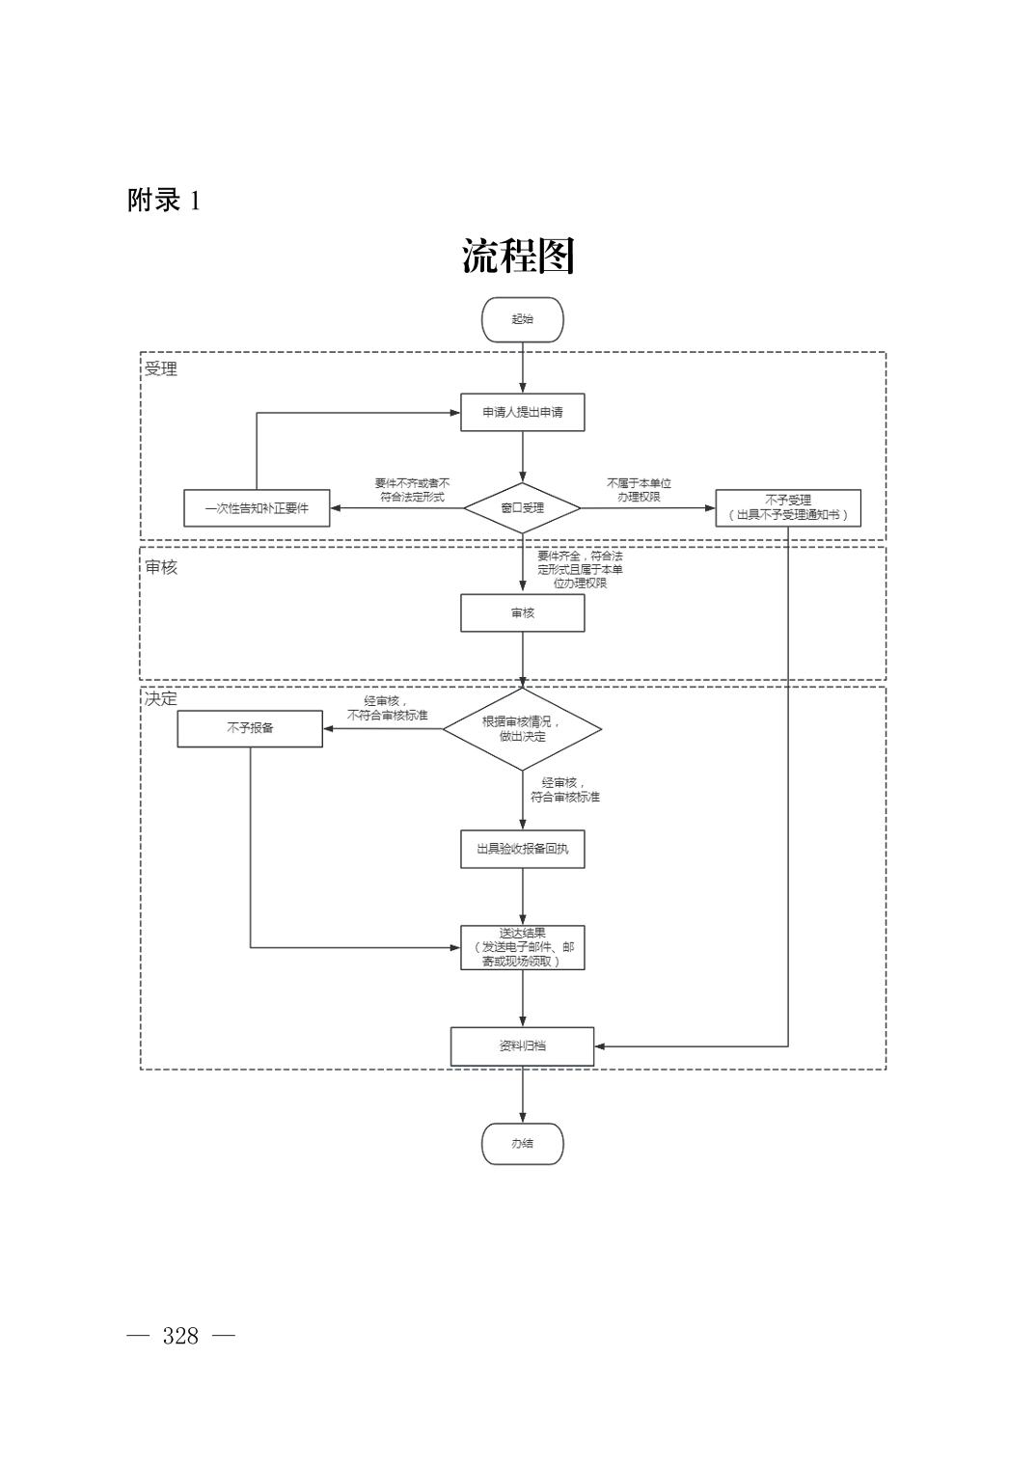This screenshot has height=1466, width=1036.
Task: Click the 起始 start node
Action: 522,319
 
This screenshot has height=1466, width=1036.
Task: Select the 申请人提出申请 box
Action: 522,412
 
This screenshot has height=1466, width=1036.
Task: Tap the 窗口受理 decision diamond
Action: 522,507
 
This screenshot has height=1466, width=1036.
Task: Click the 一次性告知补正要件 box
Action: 257,507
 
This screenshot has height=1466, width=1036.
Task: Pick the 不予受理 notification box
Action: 787,507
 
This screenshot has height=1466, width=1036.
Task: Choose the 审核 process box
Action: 522,612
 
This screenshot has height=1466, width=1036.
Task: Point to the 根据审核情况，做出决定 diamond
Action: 522,728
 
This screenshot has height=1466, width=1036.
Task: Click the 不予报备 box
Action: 250,728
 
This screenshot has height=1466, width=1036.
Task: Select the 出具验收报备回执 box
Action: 522,849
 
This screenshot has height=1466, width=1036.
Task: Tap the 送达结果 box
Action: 522,947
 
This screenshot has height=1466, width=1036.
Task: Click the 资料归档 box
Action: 522,1045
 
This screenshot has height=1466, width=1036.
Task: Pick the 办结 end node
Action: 522,1143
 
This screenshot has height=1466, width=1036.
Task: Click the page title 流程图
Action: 518,257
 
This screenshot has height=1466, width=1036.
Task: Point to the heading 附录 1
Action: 164,201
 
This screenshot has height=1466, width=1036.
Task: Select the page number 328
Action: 180,1336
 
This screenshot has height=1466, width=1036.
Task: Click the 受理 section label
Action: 161,368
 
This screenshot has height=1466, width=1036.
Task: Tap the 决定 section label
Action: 161,698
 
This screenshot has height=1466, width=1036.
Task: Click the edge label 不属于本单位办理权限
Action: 639,490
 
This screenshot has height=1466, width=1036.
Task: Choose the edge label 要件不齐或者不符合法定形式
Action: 412,490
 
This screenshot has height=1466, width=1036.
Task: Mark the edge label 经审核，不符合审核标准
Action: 387,708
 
